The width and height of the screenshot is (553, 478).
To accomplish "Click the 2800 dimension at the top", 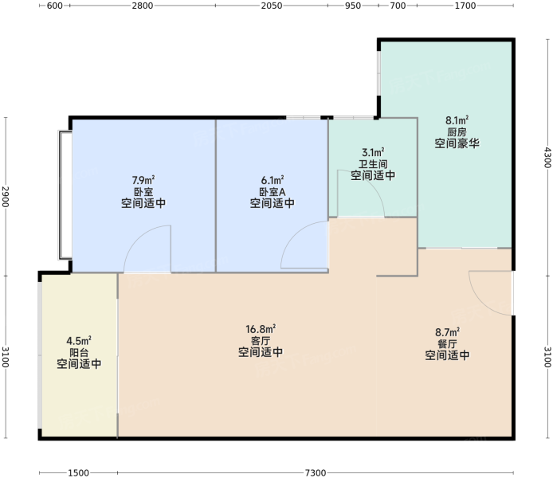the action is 143,6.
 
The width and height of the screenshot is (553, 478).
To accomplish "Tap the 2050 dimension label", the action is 272,6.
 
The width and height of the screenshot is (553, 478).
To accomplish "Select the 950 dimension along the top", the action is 353,6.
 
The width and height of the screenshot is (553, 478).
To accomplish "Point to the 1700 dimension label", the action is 465,6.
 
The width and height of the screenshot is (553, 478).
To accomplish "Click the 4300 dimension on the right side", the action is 547,157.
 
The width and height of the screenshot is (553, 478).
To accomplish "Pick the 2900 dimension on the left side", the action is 6,196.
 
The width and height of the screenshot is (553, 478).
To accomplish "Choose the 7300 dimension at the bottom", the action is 316,472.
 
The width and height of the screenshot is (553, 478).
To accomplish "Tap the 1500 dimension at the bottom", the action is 78,472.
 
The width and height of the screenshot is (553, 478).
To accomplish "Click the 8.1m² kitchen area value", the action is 457,120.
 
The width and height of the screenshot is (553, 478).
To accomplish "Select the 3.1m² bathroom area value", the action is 373,153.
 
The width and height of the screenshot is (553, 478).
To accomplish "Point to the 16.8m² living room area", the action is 261,329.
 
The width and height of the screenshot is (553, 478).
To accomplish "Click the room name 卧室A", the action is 273,192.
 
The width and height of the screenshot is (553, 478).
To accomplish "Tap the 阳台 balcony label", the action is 79,352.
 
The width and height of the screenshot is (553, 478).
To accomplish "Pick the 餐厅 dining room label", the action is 447,343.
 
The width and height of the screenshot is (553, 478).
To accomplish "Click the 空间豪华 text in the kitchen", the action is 457,143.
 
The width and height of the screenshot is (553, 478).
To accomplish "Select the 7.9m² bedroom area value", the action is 143,181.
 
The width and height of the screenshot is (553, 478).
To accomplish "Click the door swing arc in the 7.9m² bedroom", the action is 138,237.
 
